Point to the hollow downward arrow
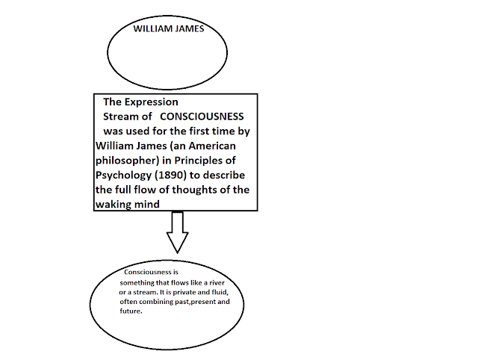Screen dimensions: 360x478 [x=176, y=232]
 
